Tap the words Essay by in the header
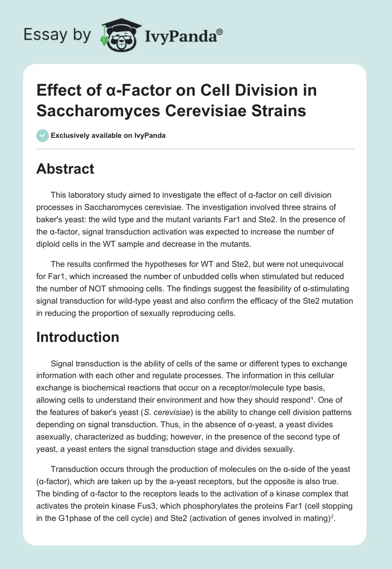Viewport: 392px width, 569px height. tap(56, 35)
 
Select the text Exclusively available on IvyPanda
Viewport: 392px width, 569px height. tap(108, 136)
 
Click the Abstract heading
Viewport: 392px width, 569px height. tap(65, 169)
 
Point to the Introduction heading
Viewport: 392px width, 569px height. tap(78, 337)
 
